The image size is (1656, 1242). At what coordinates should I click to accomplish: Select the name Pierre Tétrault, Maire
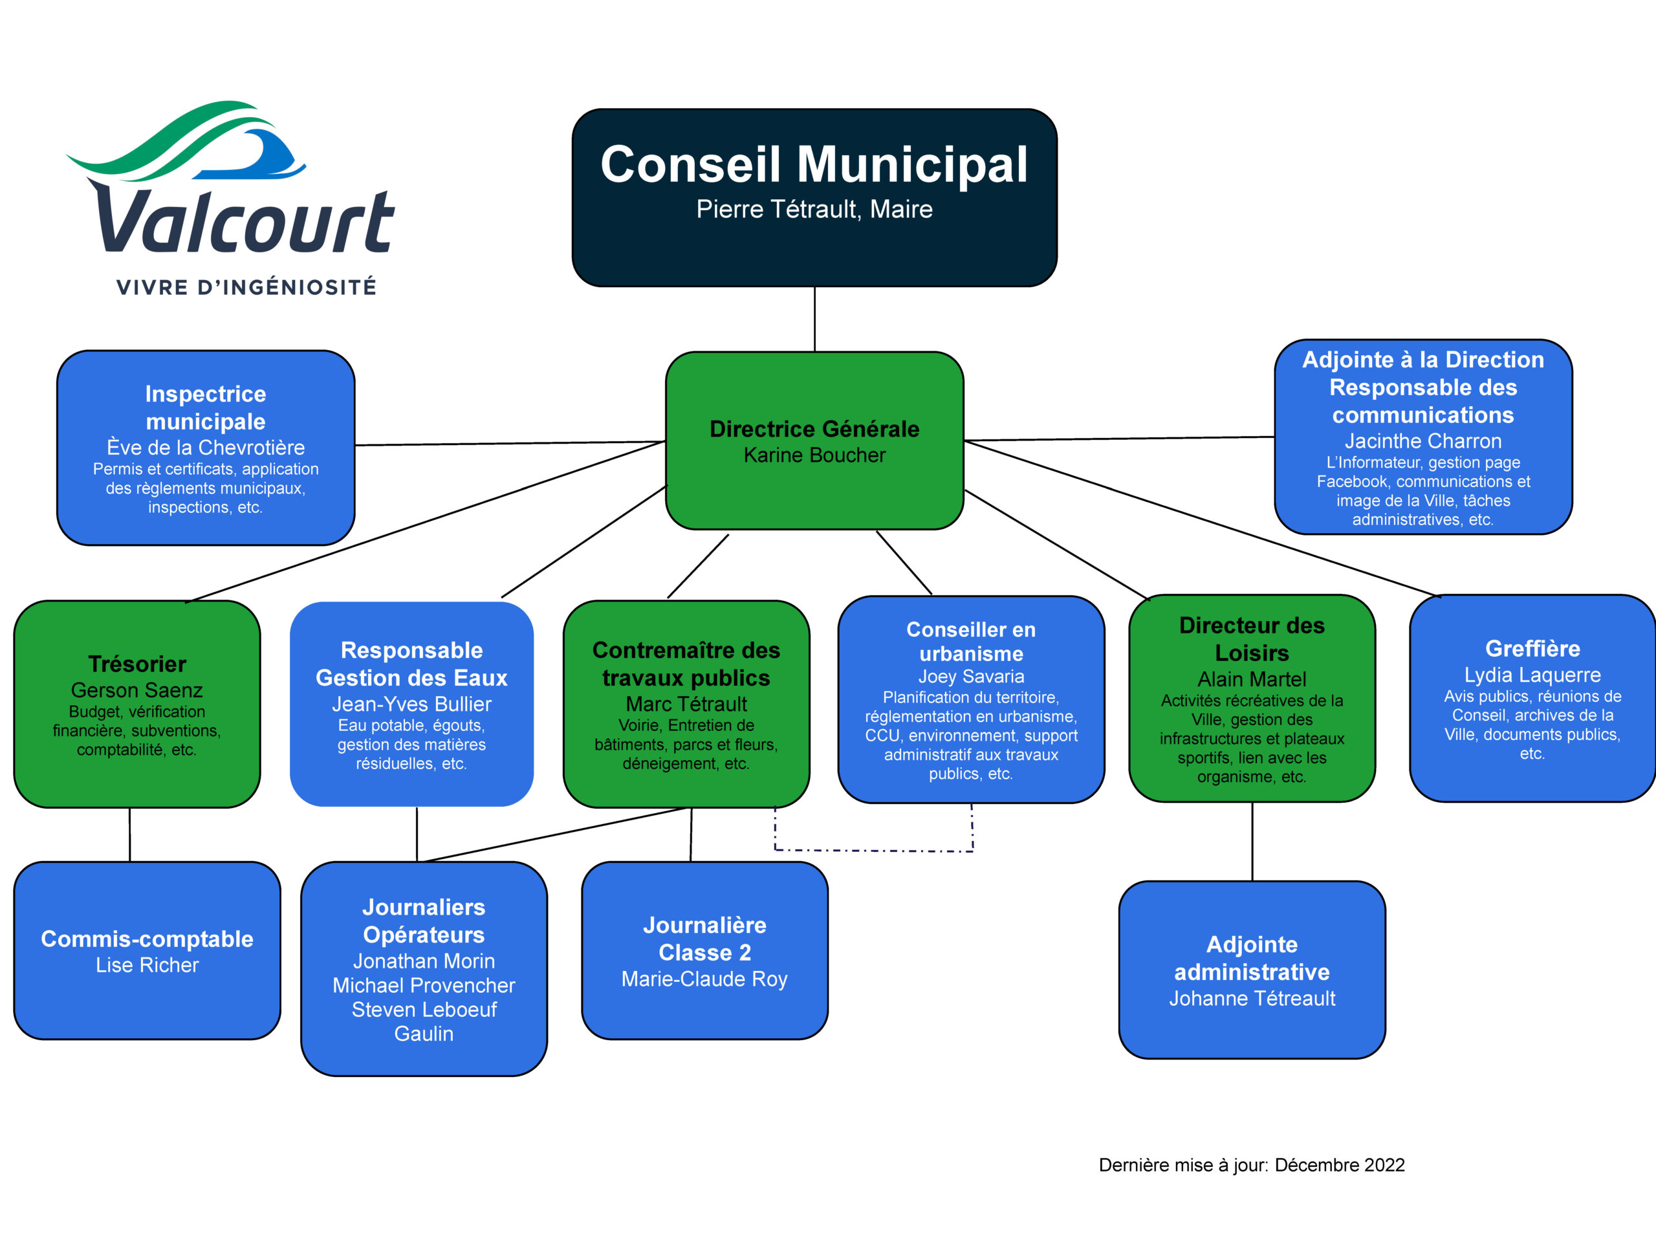tap(814, 209)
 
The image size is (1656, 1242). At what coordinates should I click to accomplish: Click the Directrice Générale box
tap(814, 441)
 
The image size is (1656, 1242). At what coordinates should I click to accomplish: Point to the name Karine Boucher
tap(814, 455)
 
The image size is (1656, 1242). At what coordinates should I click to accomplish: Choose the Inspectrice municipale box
tap(206, 448)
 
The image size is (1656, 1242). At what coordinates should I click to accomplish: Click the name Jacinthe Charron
tap(1423, 441)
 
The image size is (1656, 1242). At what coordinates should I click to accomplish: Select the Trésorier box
tap(137, 704)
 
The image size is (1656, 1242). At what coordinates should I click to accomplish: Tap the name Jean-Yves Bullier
tap(412, 704)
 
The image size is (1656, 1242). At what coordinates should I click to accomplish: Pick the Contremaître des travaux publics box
tap(686, 704)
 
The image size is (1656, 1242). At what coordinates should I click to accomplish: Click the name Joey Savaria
tap(971, 676)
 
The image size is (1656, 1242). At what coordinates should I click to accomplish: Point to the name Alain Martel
tap(1252, 679)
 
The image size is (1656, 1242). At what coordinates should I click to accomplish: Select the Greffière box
tap(1532, 699)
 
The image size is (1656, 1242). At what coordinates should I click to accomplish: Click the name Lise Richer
tap(147, 965)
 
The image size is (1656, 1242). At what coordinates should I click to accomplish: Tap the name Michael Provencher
tap(424, 985)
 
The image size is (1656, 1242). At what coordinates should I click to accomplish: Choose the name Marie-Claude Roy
tap(704, 979)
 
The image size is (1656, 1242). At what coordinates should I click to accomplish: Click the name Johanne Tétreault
tap(1252, 998)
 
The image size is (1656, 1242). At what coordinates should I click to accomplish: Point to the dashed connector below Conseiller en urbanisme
tap(874, 851)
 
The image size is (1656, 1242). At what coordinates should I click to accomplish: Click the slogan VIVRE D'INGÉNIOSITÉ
tap(246, 287)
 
